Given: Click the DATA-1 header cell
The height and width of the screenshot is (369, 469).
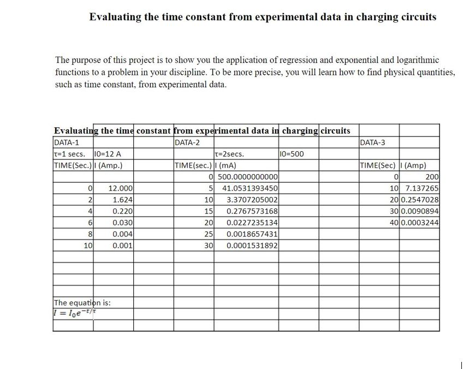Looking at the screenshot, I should click(x=67, y=142).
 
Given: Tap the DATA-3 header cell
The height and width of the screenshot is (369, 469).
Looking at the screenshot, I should click(x=373, y=142).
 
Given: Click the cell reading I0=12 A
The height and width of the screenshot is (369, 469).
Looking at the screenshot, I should click(x=108, y=154).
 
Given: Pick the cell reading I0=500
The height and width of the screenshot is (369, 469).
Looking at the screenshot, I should click(x=292, y=154).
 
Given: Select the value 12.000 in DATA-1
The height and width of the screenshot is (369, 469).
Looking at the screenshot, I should click(x=120, y=188).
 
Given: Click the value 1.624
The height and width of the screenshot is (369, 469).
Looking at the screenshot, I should click(x=121, y=199).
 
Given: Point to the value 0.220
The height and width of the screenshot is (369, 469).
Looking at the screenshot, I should click(x=121, y=211).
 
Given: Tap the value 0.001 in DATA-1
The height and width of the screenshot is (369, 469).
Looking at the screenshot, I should click(x=121, y=245).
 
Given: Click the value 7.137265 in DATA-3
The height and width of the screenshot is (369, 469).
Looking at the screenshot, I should click(x=421, y=188).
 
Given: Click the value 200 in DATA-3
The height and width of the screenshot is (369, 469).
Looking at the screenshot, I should click(x=431, y=176).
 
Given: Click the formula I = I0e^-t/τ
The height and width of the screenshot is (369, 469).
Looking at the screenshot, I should click(x=75, y=312).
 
